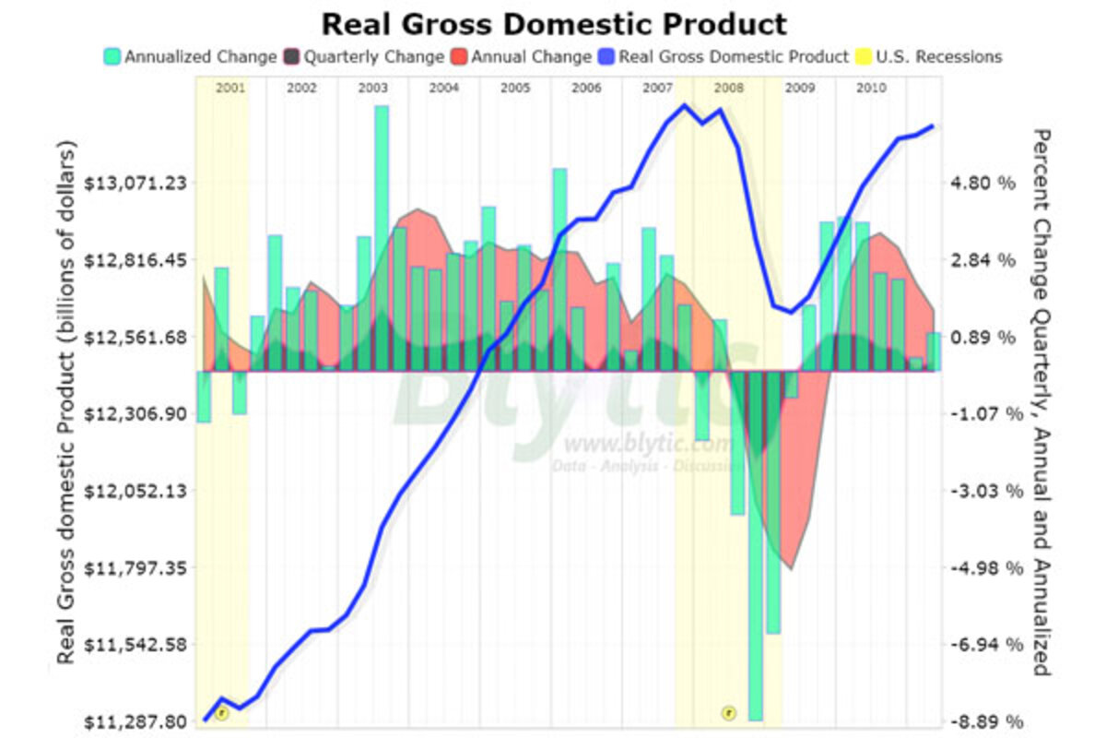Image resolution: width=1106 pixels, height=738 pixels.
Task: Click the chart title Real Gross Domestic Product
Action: tap(554, 23)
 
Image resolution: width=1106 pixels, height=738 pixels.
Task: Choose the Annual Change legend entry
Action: tap(530, 56)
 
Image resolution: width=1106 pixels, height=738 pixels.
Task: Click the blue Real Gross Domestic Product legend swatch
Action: tap(609, 56)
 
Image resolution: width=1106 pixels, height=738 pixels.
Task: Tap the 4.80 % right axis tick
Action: tap(982, 183)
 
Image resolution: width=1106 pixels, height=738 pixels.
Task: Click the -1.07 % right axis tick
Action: tap(982, 413)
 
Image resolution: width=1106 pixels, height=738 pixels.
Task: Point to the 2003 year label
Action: tap(372, 88)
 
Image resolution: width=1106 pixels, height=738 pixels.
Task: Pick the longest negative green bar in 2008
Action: tap(756, 544)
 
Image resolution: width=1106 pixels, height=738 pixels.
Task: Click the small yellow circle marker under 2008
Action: tap(728, 712)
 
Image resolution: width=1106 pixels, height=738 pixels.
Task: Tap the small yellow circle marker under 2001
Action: tap(221, 712)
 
